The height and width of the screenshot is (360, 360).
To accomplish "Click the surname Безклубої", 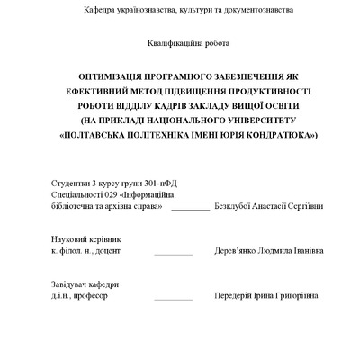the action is (233, 205).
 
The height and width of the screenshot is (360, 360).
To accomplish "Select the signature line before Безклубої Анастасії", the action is (190, 208).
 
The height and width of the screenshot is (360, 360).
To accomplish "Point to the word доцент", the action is (110, 253).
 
